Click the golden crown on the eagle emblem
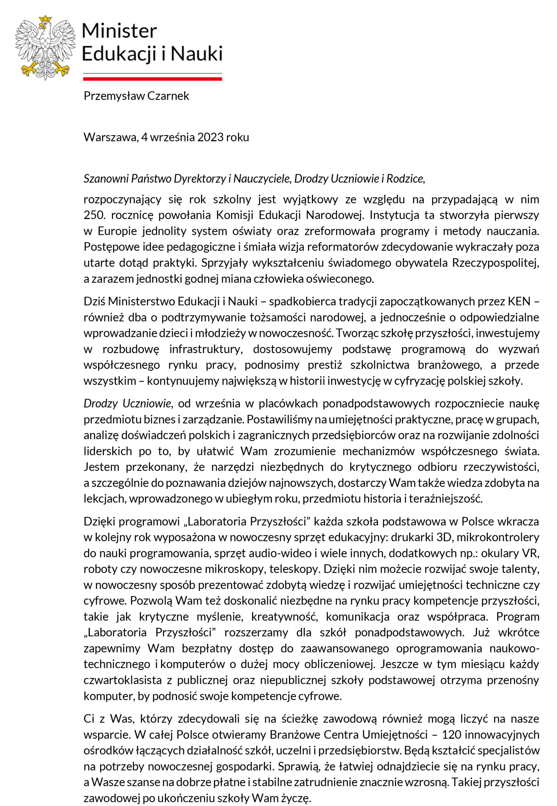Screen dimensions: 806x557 pyautogui.click(x=45, y=20)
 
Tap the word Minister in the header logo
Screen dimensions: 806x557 pyautogui.click(x=119, y=31)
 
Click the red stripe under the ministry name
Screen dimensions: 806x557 pyautogui.click(x=153, y=79)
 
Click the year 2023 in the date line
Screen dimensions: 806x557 pyautogui.click(x=210, y=138)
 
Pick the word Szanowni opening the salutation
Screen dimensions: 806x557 pyautogui.click(x=106, y=179)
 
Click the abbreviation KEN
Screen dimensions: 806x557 pyautogui.click(x=519, y=301)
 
